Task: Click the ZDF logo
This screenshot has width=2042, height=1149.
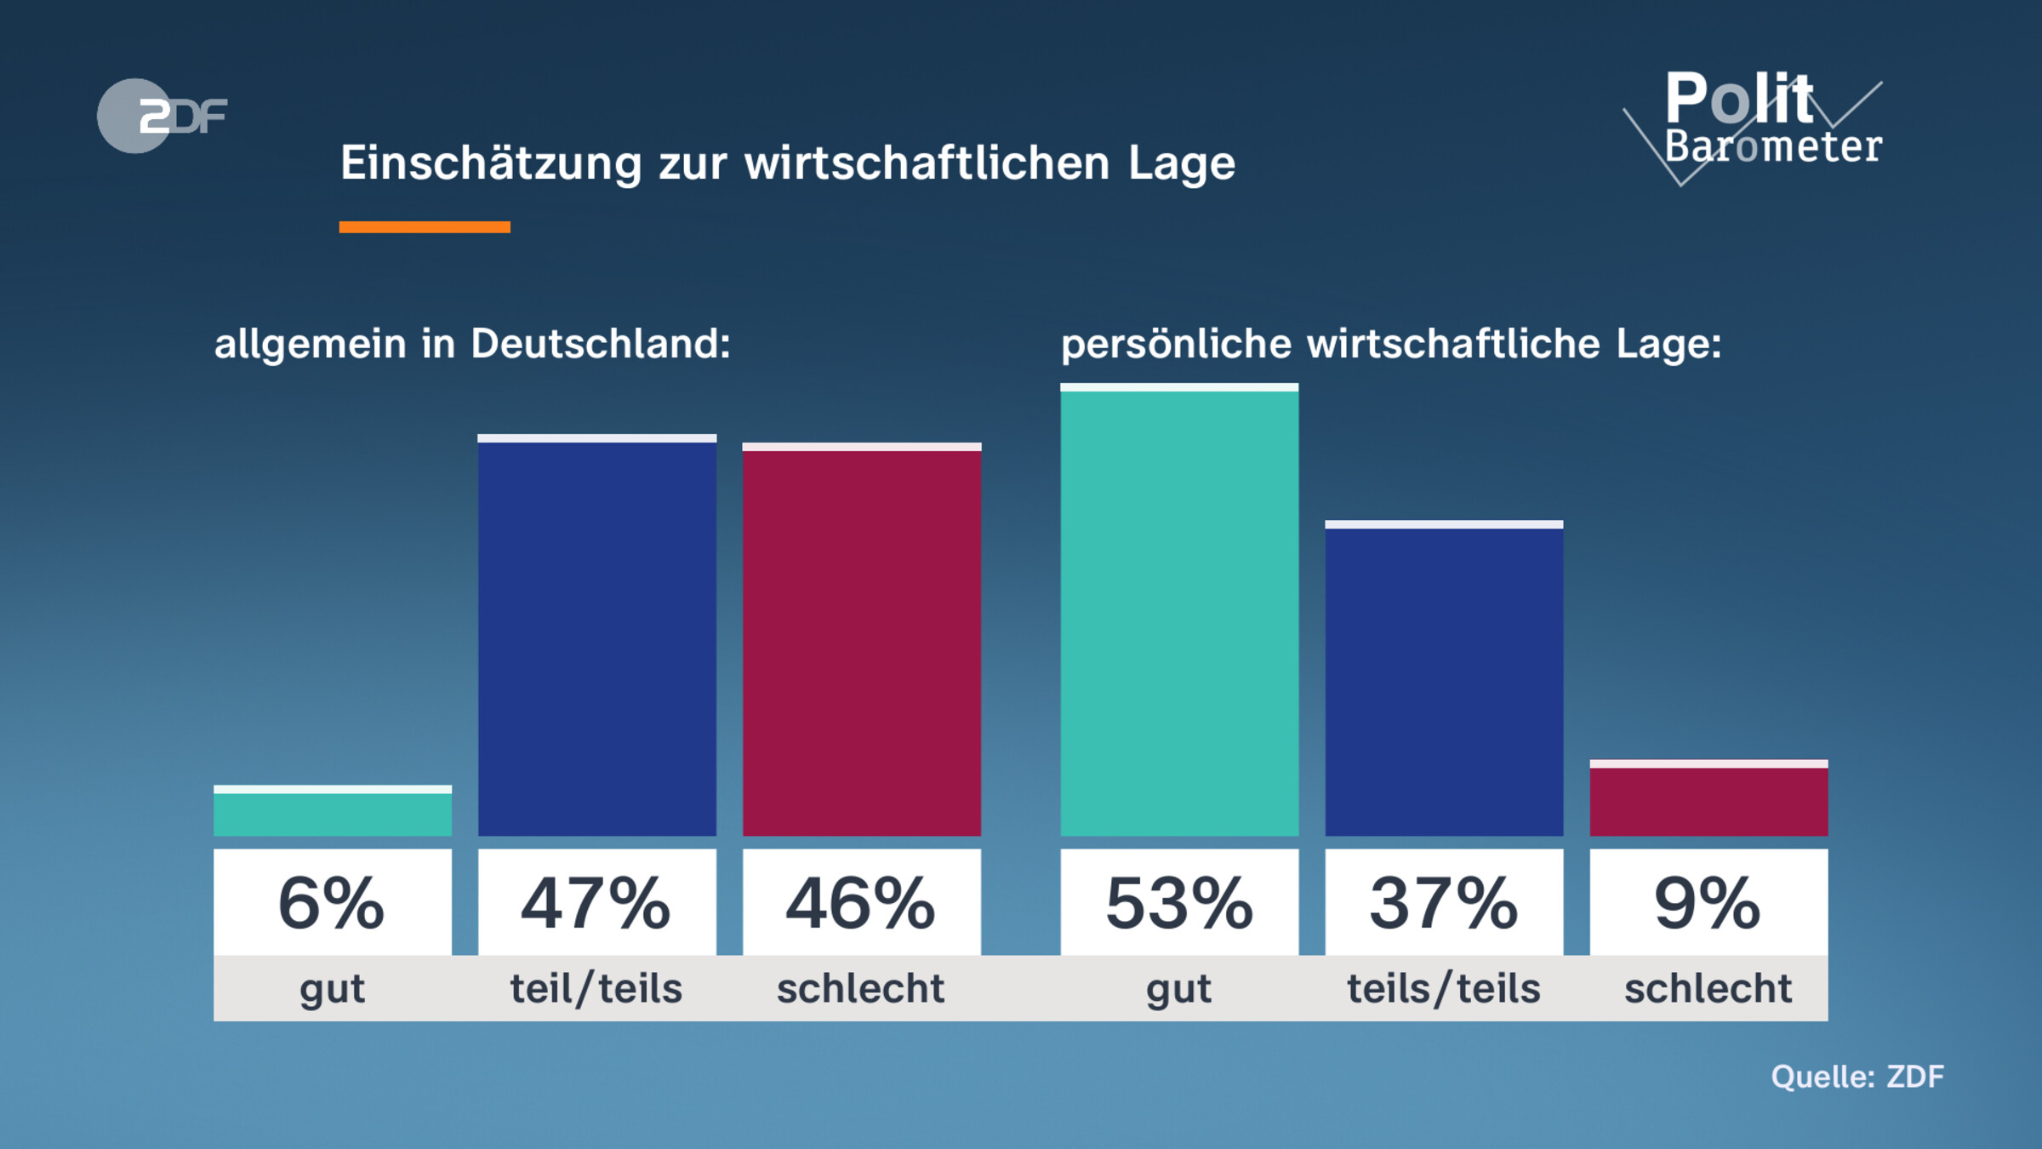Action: tap(162, 116)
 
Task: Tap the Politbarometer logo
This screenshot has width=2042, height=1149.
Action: tap(1761, 123)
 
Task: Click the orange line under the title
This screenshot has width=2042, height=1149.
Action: tap(425, 226)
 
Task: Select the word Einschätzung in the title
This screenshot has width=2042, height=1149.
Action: tap(491, 163)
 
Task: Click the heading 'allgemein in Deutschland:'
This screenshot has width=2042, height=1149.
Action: tap(472, 344)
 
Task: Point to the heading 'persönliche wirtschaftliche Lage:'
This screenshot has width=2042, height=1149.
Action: tap(1391, 344)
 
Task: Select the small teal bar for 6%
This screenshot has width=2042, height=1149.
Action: tap(333, 813)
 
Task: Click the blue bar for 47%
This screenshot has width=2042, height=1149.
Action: tap(597, 638)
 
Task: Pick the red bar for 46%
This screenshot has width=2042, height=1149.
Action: tap(862, 643)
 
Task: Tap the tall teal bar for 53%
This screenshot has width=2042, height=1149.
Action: tap(1179, 613)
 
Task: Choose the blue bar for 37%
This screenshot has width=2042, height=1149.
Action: tap(1444, 681)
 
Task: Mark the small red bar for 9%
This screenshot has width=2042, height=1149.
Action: tap(1708, 800)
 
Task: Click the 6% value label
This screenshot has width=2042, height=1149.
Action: tap(333, 902)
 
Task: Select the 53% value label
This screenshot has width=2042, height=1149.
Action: tap(1179, 902)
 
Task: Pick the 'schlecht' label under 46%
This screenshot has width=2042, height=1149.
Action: tap(861, 989)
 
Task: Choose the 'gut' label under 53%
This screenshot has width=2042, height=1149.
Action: tap(1179, 989)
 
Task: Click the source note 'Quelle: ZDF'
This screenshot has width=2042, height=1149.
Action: tap(1857, 1077)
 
